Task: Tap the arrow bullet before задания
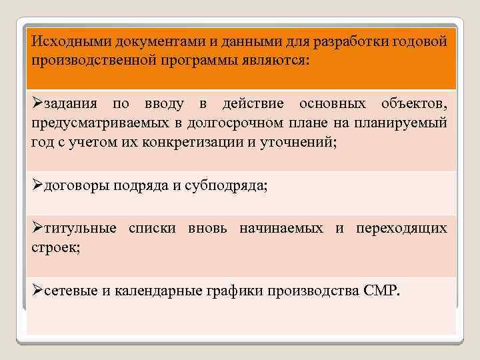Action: (37, 105)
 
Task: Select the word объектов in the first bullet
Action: (413, 105)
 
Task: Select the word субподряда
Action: (225, 186)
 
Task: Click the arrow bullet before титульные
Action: (37, 228)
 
